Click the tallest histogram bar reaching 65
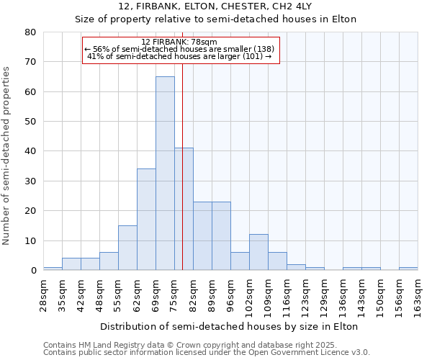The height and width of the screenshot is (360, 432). click(165, 173)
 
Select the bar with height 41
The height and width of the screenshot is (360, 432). click(184, 209)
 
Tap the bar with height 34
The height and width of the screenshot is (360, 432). click(146, 220)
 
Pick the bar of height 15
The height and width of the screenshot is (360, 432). click(127, 248)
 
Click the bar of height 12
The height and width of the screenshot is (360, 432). click(258, 252)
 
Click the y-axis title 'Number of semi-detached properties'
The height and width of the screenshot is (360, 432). click(7, 156)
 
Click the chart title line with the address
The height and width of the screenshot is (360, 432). click(216, 6)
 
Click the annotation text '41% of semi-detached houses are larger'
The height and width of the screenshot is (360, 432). click(179, 56)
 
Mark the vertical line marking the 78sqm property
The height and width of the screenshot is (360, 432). click(183, 180)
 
